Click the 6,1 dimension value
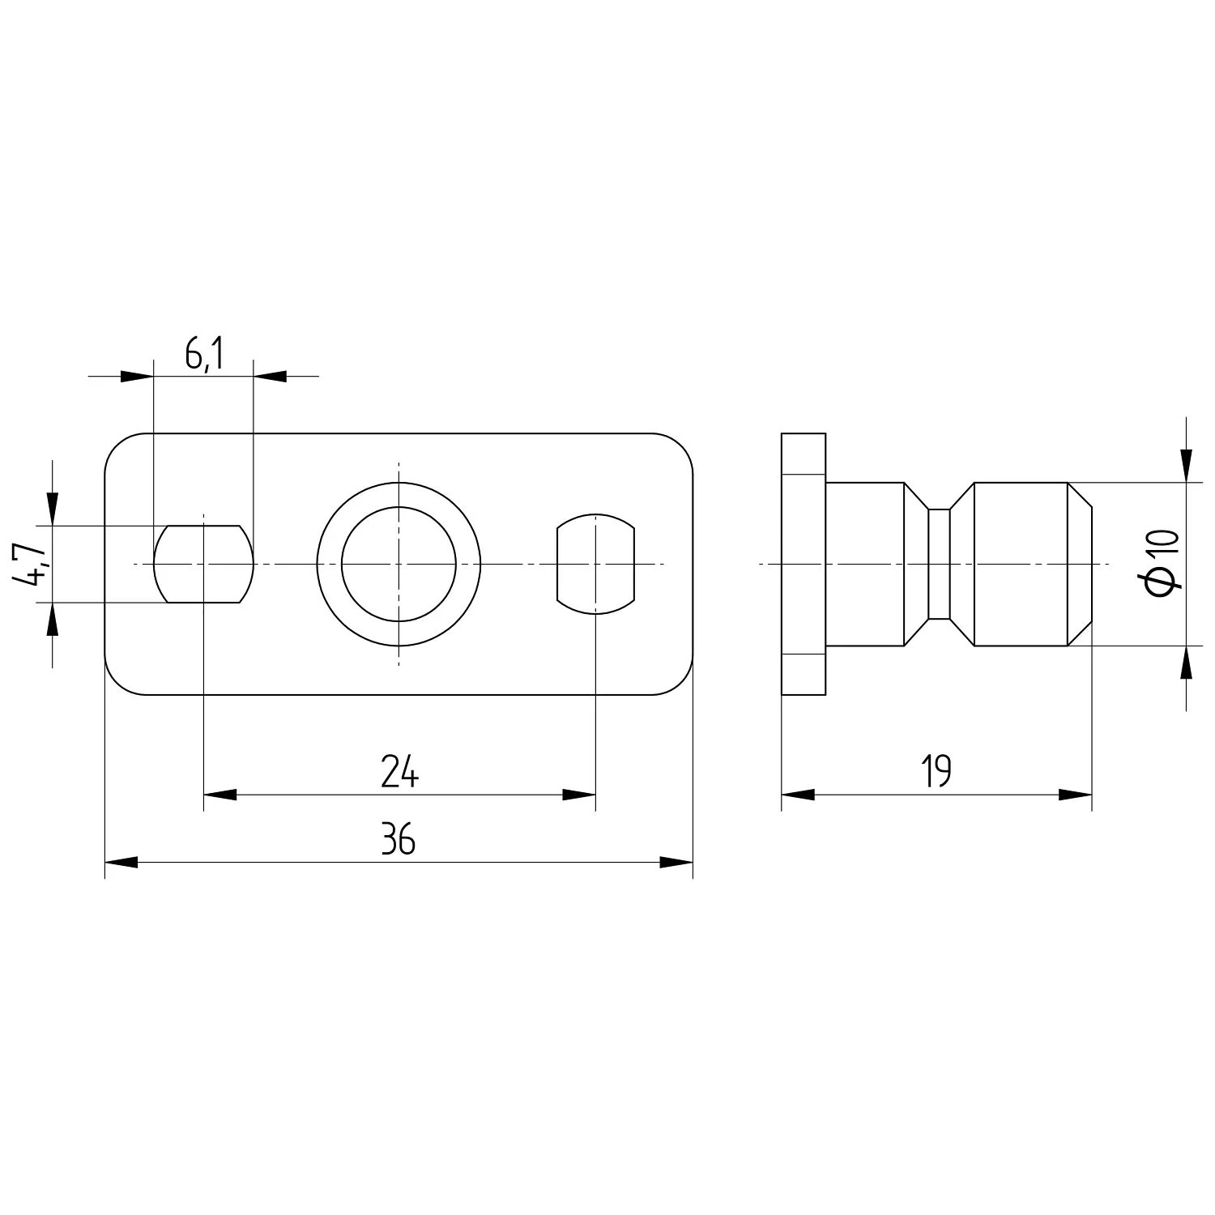203,356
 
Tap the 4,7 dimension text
31,565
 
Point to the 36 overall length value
399,842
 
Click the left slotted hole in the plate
203,564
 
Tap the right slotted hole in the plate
595,564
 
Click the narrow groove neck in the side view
938,564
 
